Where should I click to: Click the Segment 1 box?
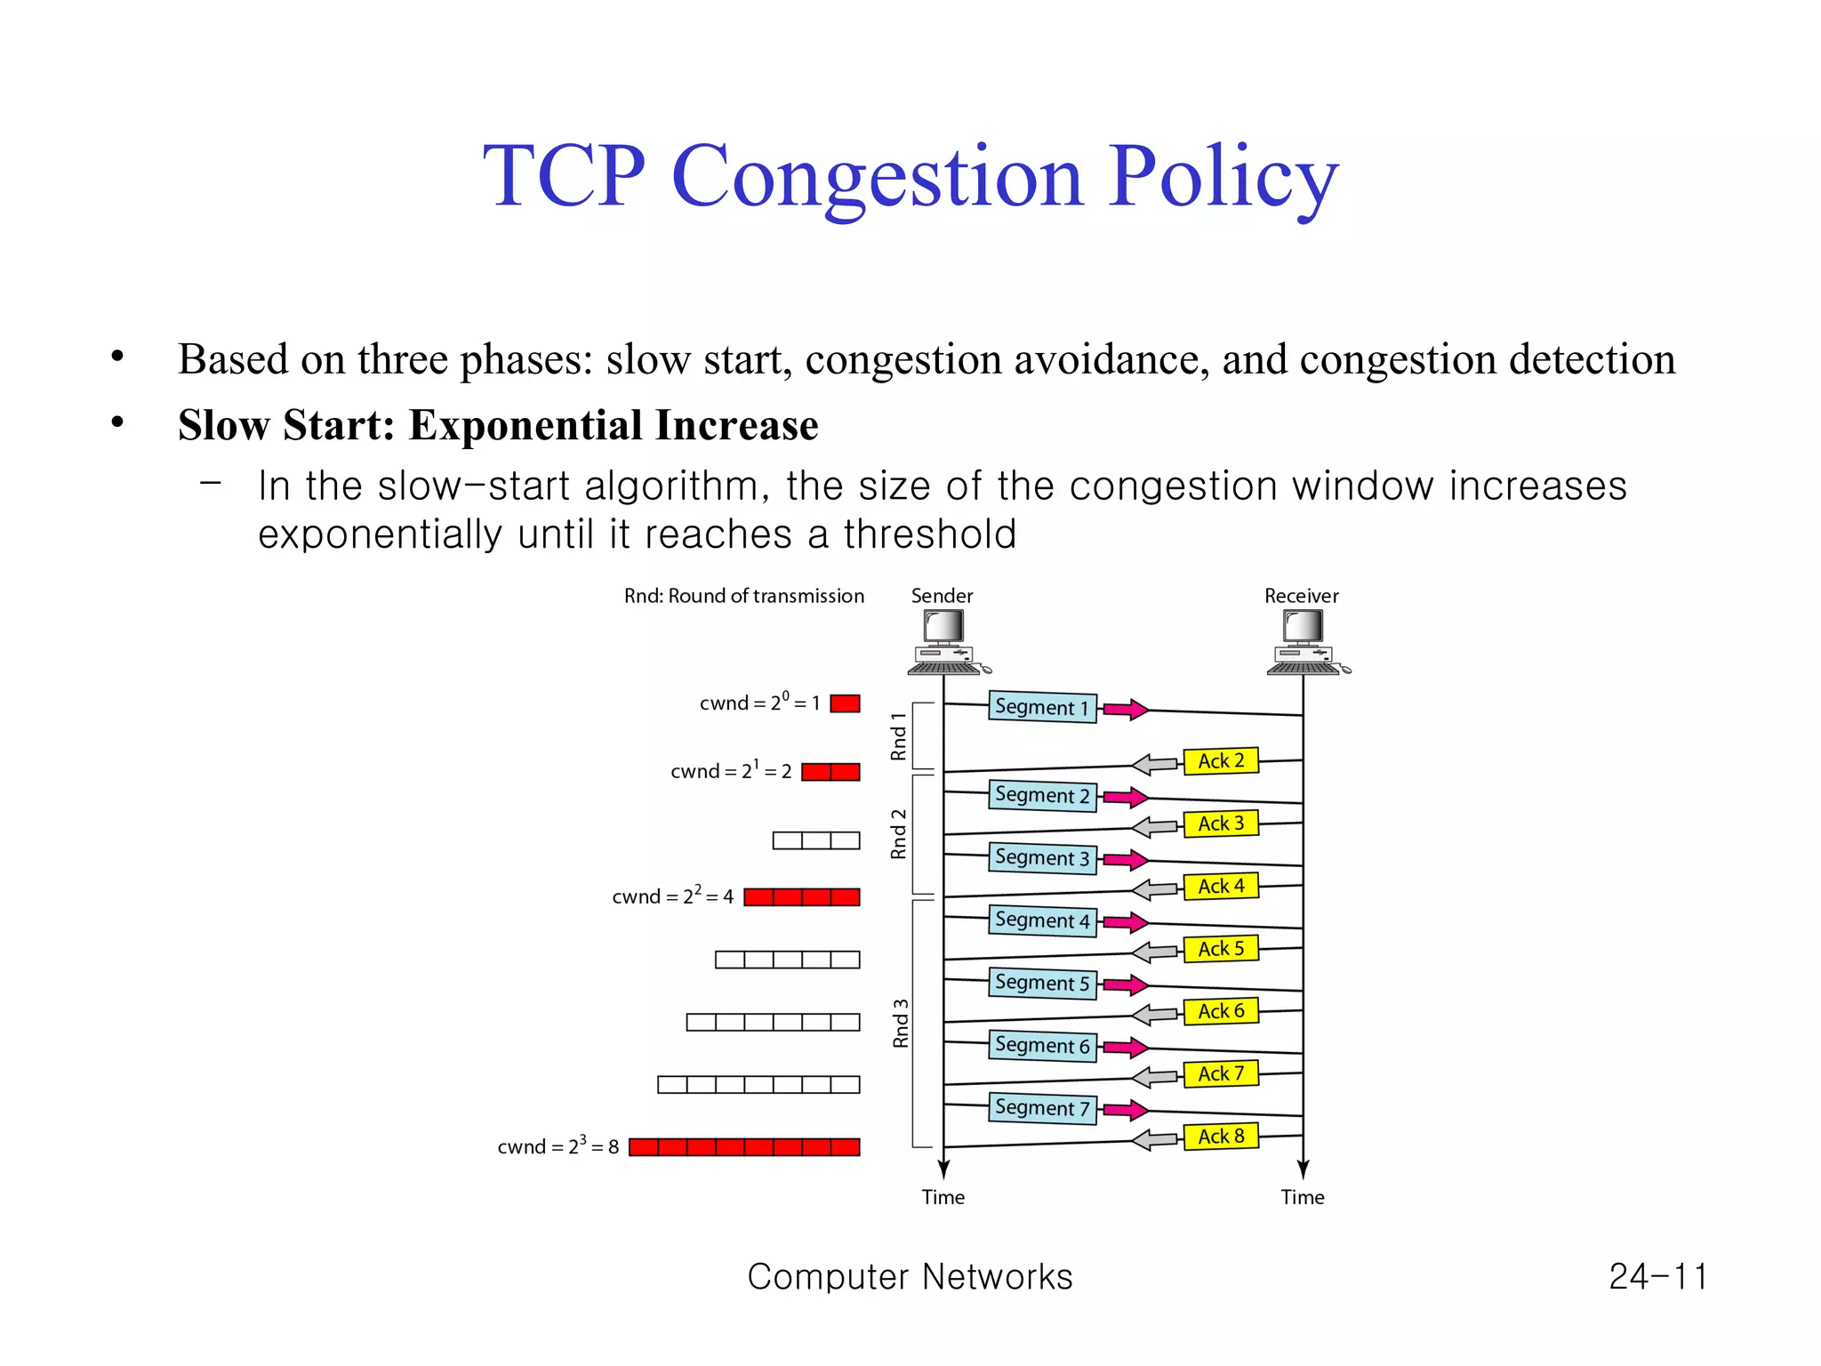click(1042, 707)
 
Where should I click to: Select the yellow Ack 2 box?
click(1221, 761)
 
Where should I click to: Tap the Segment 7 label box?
click(1042, 1108)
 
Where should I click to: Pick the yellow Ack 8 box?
click(1221, 1137)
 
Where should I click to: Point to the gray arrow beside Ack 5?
click(1155, 952)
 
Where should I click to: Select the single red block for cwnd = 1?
click(845, 703)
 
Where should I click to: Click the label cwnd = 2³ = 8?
click(558, 1146)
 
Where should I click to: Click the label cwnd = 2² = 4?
click(672, 896)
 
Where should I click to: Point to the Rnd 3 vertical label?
click(901, 1024)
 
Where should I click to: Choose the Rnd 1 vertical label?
click(898, 736)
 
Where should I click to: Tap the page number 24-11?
click(1657, 1277)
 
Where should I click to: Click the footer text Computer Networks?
click(910, 1277)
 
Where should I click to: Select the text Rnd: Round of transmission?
click(743, 596)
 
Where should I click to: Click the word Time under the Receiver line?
click(1303, 1197)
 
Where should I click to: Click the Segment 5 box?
click(1042, 984)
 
